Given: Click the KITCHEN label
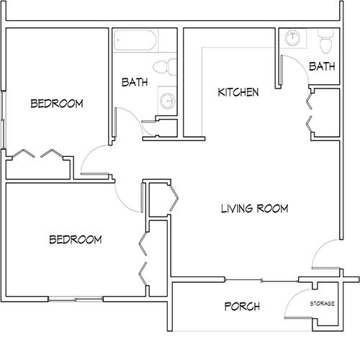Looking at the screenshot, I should tap(238, 93).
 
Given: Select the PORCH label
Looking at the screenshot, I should tap(242, 307).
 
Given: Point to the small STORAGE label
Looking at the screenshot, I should tap(322, 304).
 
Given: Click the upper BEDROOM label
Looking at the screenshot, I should tap(57, 104).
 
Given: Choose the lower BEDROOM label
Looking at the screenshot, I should tap(75, 239).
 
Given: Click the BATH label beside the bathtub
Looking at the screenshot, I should tap(135, 83).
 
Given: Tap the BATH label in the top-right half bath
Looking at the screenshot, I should tap(321, 66).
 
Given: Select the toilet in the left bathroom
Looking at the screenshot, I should tap(168, 67).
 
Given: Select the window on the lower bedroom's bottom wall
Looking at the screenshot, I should tap(75, 299).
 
